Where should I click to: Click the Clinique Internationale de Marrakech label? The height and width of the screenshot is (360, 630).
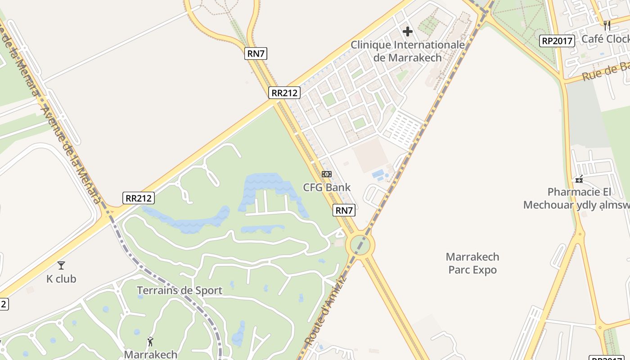(407, 51)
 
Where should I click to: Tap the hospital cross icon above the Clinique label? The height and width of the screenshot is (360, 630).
(408, 31)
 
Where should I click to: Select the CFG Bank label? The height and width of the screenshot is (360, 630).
(327, 187)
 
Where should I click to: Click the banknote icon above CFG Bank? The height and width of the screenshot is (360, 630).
(327, 174)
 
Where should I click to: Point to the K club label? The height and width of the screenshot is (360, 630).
(61, 279)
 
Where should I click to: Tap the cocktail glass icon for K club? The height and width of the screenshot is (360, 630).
(61, 265)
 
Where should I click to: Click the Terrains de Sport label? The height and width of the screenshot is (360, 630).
(180, 290)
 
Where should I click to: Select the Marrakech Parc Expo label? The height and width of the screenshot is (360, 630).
(472, 263)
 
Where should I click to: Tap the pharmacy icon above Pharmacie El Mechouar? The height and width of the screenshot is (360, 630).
(579, 179)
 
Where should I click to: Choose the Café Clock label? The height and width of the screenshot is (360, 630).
(605, 39)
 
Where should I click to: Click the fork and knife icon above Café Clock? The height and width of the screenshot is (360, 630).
(607, 25)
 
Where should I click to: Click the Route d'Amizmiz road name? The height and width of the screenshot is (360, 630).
(325, 310)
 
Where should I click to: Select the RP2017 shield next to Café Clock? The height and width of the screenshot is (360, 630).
(557, 41)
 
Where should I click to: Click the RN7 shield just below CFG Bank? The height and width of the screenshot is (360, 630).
(344, 210)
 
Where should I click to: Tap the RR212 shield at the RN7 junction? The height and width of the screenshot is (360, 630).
(284, 93)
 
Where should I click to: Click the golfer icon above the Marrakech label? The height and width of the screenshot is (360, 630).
(150, 342)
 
